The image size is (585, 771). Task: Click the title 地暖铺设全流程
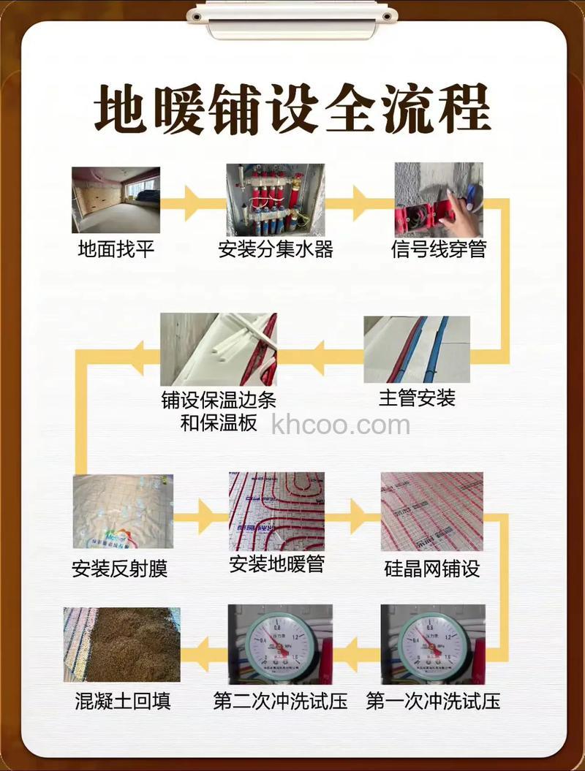pos(292,110)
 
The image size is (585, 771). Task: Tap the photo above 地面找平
pos(116,200)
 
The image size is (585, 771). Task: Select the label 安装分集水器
pos(276,250)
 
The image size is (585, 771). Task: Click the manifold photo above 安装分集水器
pos(275,199)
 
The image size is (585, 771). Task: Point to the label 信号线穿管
pos(439,250)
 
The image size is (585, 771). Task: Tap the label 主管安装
pos(417,398)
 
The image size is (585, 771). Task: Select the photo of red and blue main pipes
pos(417,349)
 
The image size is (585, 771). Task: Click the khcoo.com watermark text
pos(341,425)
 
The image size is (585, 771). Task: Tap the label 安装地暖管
pos(276,564)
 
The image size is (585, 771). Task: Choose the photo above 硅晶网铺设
pos(432,511)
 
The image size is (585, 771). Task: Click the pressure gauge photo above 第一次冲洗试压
pos(432,644)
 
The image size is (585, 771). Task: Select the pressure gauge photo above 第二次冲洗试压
pos(280,644)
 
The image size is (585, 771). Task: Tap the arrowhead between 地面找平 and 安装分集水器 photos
pos(192,202)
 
